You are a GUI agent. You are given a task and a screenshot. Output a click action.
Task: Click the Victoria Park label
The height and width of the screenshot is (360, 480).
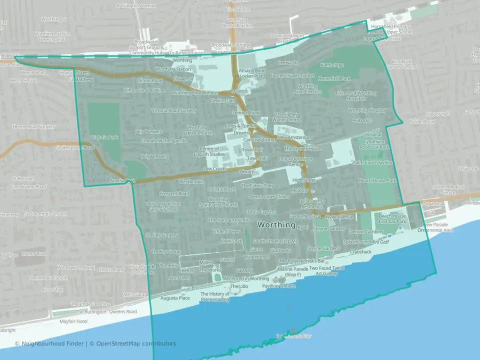[105, 137]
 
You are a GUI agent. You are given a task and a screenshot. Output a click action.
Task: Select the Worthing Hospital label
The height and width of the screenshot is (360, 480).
[367, 110]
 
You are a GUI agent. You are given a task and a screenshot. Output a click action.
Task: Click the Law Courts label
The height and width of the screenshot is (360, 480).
[215, 169]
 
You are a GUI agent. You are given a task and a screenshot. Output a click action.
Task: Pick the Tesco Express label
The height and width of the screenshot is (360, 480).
[261, 212]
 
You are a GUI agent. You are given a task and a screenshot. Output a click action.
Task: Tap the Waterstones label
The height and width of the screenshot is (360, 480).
[256, 257]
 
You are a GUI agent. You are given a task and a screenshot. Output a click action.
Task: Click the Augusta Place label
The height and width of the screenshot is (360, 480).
[175, 298]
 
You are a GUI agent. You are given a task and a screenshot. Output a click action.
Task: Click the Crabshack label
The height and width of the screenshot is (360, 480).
[360, 252]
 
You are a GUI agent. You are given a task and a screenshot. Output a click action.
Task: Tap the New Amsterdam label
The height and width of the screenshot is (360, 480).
[294, 137]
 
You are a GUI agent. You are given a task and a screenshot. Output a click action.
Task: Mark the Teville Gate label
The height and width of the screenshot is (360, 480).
[222, 100]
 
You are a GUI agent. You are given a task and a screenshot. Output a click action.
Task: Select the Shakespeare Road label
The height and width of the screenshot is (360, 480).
[75, 147]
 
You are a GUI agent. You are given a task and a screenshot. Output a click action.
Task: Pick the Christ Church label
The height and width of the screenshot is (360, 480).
[221, 189]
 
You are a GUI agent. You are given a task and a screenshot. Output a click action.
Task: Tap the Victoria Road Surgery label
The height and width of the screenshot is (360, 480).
[174, 110]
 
